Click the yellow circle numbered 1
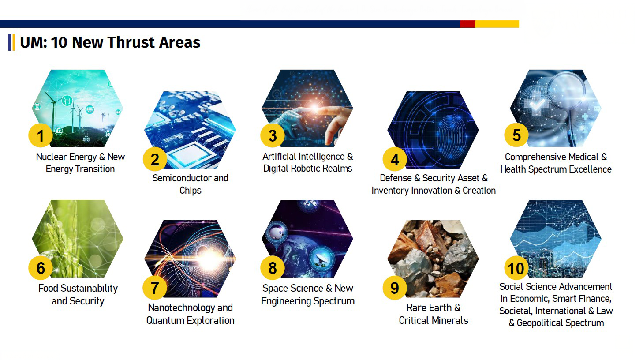pos(41,135)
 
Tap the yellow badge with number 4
pos(395,159)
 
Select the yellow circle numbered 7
pos(155,288)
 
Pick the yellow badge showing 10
pos(516,268)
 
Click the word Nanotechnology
pos(181,308)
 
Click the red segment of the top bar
pos(468,24)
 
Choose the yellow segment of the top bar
pos(497,24)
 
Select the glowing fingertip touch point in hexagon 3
pos(315,108)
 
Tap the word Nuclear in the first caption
pos(52,157)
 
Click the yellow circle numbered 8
pos(273,268)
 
